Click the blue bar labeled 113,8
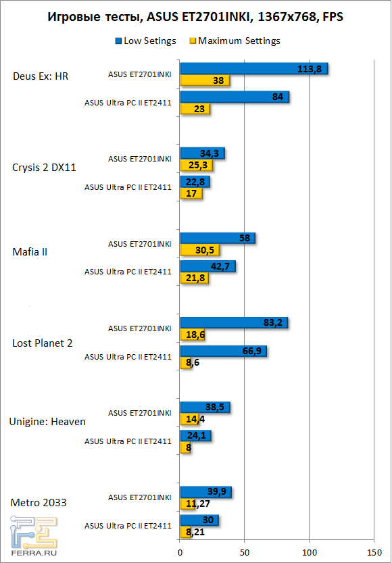tap(253, 68)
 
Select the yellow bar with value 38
tap(205, 81)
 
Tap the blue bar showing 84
tap(234, 97)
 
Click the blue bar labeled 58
tap(217, 239)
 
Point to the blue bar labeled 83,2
tap(233, 323)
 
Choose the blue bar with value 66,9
tap(223, 351)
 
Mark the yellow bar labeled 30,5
tap(199, 251)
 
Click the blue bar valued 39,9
tap(205, 491)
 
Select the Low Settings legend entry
tap(145, 41)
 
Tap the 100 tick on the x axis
tap(309, 552)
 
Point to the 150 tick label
tap(373, 552)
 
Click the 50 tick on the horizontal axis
tap(244, 552)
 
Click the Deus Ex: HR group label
tap(41, 76)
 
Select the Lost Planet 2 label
tap(43, 343)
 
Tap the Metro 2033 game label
tap(39, 502)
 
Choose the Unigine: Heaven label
tap(47, 422)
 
